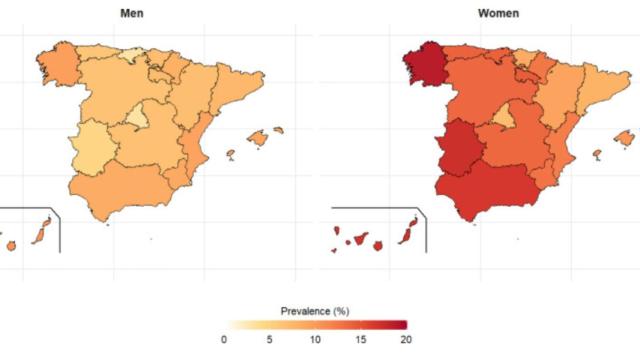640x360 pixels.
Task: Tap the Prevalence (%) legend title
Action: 316,311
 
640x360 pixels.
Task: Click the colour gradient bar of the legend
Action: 315,325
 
